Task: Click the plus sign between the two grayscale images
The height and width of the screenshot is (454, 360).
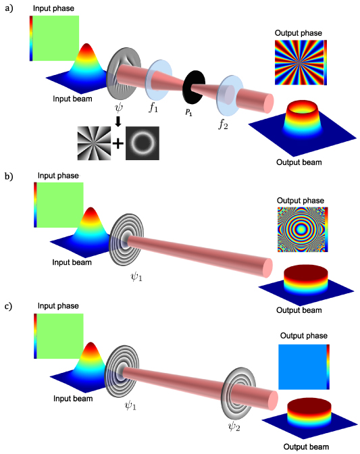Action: click(x=117, y=143)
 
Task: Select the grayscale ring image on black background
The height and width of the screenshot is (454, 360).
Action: click(x=142, y=143)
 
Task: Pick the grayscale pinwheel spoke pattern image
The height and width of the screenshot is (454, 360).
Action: click(x=93, y=143)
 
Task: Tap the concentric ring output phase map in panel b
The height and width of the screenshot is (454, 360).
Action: click(x=303, y=230)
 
